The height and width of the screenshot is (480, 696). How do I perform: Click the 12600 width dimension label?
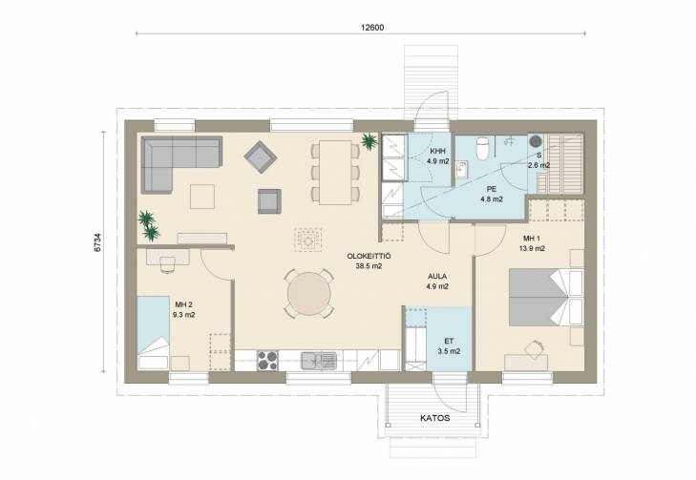coord(372,27)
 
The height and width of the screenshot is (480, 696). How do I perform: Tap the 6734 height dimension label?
coord(97,242)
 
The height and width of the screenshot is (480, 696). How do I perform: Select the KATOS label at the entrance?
coord(435,418)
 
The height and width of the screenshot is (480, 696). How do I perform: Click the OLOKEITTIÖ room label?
coord(369,257)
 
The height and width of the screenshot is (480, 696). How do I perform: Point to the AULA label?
coord(437,277)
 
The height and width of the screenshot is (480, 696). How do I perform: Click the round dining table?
coord(309,294)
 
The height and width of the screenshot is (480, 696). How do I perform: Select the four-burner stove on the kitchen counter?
coord(267,360)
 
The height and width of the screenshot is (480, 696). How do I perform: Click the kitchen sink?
coord(319,361)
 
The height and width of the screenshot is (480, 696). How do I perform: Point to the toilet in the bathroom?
coord(481,149)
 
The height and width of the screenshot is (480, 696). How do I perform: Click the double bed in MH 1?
coord(546,297)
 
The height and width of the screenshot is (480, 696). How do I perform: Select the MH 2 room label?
coord(183,304)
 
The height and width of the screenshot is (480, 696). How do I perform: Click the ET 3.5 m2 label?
coord(449,346)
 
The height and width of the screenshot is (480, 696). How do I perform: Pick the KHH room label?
coord(437,152)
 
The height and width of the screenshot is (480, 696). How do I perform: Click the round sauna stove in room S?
coord(537,141)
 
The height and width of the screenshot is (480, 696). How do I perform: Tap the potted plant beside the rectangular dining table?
coord(369,141)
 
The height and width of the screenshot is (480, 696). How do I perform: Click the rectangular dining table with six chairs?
coord(335,172)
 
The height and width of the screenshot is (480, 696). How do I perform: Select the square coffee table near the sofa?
coord(202,197)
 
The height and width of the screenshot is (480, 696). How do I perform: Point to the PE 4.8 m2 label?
coord(492,194)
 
